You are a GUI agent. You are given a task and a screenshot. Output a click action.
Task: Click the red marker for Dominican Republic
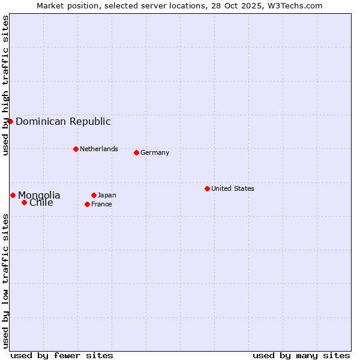tap(10, 121)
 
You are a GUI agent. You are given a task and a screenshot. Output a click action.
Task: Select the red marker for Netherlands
tap(76, 149)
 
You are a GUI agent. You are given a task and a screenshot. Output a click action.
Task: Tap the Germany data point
tap(136, 152)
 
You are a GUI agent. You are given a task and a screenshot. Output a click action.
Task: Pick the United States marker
tap(207, 188)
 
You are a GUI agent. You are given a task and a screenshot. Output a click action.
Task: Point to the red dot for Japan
tap(94, 195)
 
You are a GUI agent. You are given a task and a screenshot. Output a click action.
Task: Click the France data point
tap(87, 204)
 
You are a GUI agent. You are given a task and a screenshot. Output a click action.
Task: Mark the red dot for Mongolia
tap(13, 195)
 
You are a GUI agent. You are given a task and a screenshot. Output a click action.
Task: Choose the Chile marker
tap(24, 202)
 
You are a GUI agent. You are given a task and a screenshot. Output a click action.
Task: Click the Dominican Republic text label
tap(63, 121)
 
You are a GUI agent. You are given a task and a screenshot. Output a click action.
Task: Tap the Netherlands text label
tap(98, 149)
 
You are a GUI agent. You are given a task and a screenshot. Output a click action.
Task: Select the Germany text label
tap(155, 152)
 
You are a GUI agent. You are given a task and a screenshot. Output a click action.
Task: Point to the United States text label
tap(232, 188)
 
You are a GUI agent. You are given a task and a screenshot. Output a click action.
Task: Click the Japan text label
tap(107, 195)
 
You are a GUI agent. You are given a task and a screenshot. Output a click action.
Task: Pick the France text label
tap(101, 204)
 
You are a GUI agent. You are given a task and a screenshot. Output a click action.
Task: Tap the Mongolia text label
tap(39, 195)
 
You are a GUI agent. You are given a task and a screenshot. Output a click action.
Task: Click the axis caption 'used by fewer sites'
tap(62, 355)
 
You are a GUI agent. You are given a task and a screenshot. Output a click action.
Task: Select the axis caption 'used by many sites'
tap(301, 355)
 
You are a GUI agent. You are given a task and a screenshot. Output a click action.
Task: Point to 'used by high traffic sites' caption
tap(5, 86)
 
